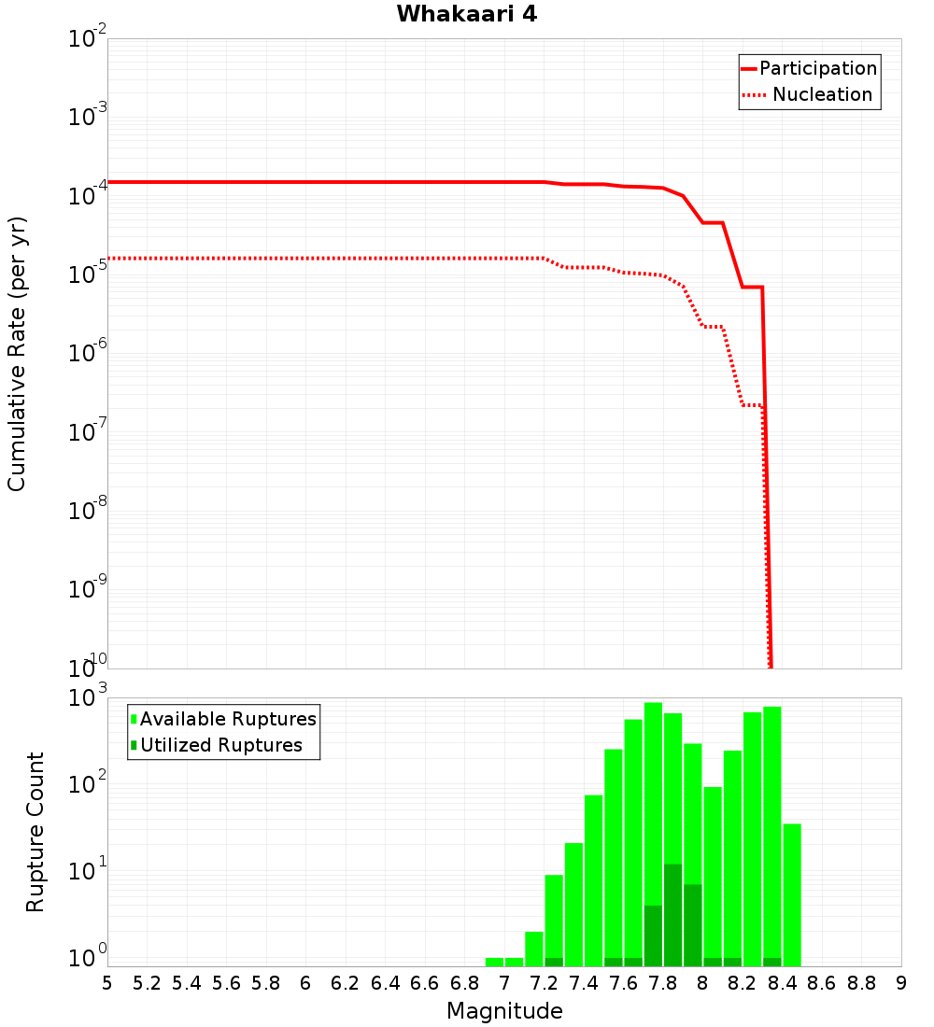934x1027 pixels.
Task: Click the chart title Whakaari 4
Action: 466,15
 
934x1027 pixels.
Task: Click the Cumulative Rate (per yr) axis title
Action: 17,354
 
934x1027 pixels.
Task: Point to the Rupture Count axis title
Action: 35,832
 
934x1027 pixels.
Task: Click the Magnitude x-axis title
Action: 504,1011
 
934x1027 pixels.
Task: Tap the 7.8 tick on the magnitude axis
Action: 663,983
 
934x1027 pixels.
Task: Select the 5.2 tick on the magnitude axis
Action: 147,983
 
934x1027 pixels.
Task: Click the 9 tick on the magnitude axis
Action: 901,983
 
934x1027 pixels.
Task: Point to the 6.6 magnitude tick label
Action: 425,983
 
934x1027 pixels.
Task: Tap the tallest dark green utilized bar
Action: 672,915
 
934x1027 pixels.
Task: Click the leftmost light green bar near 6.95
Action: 494,962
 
